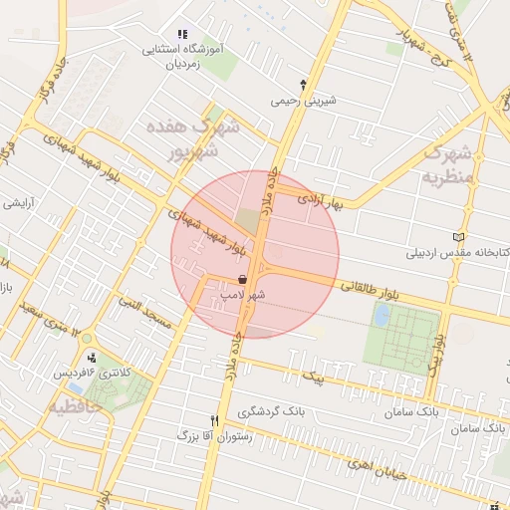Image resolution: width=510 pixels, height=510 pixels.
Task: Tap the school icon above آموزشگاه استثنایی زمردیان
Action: click(x=181, y=35)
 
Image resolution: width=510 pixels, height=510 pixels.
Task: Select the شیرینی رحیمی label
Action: click(x=304, y=101)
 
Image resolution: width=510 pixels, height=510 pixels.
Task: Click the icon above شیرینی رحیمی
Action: click(x=304, y=85)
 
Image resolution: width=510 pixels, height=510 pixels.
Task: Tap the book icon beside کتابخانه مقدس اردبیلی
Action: click(x=459, y=237)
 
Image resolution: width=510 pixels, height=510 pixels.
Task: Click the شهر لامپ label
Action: click(x=243, y=296)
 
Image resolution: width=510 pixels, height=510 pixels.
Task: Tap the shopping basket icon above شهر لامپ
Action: click(x=243, y=281)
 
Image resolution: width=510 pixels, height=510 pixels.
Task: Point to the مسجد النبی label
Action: click(x=145, y=311)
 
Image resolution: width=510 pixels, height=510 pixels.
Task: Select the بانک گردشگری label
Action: click(x=270, y=411)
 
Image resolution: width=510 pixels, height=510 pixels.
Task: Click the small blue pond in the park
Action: click(x=381, y=316)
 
